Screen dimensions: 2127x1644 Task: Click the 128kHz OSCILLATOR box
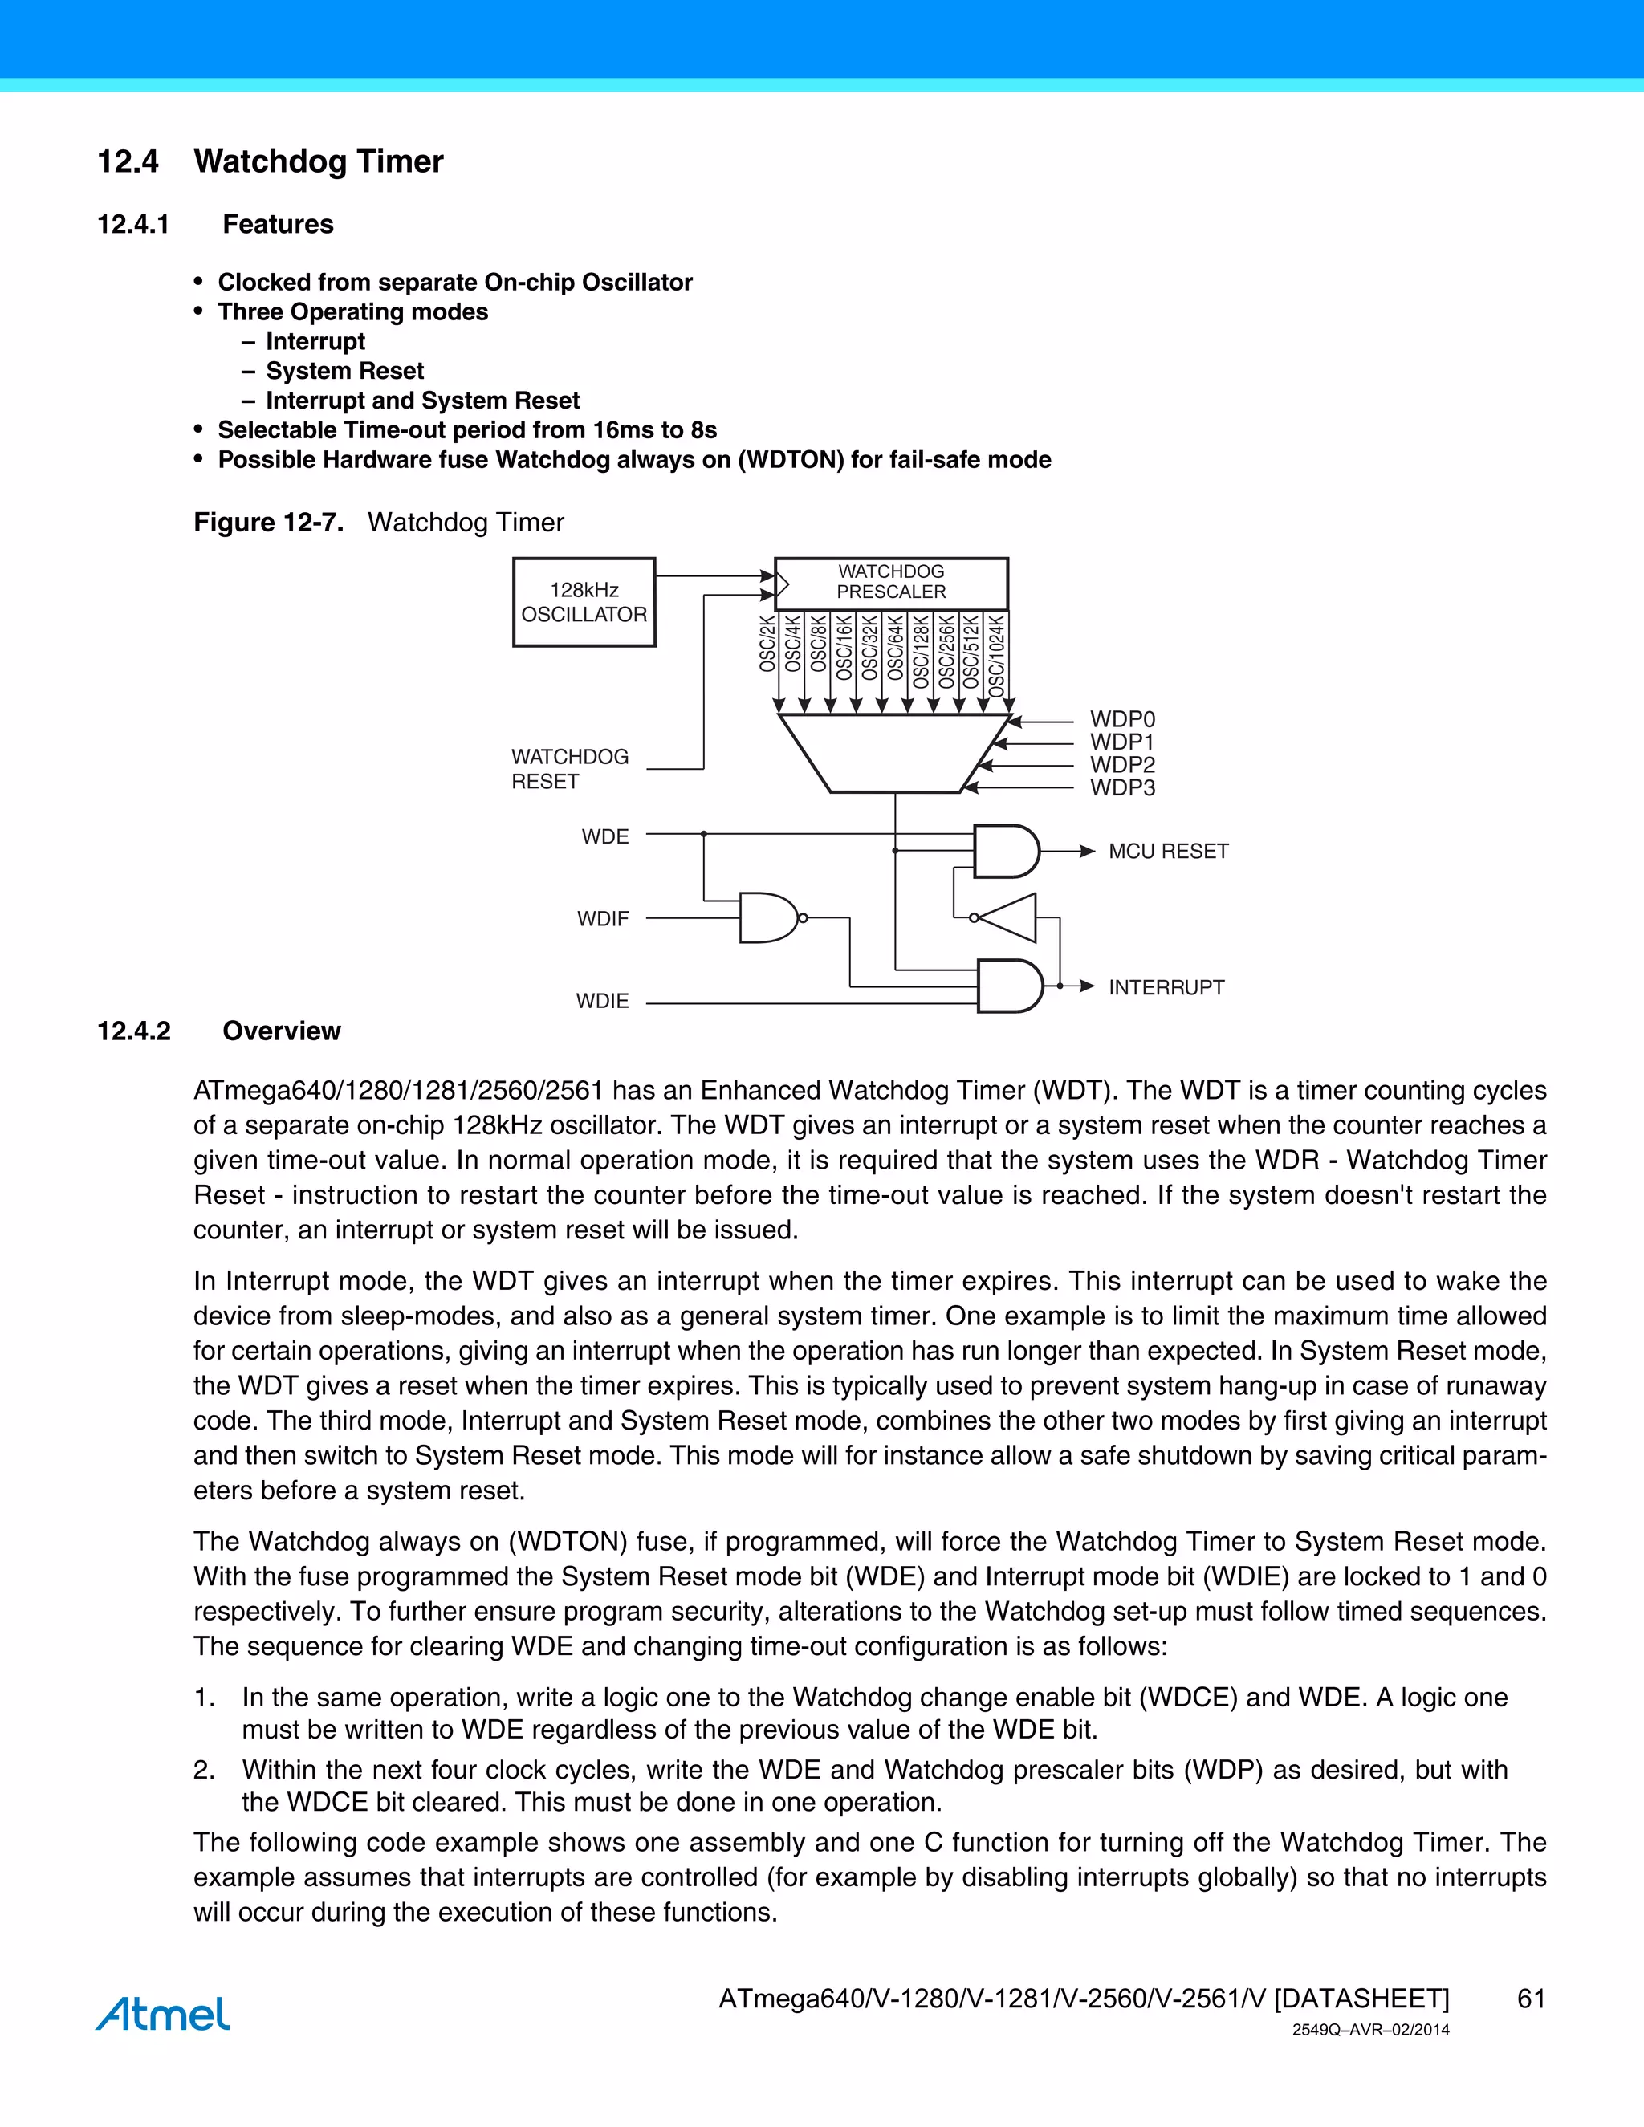click(x=584, y=602)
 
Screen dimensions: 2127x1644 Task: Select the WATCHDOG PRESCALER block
click(x=891, y=583)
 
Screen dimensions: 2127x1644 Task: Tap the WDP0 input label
click(x=1122, y=718)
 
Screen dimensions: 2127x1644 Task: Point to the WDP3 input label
click(x=1122, y=788)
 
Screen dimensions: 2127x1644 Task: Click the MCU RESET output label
click(x=1168, y=851)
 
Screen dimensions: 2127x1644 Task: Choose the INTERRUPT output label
click(x=1166, y=987)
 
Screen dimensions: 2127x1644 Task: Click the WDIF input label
click(x=603, y=918)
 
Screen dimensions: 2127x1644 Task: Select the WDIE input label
click(x=602, y=1001)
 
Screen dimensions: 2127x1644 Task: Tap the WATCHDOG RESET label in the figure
click(x=570, y=770)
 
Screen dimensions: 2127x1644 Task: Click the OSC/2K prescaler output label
click(x=767, y=644)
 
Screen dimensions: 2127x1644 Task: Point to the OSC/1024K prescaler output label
click(x=996, y=654)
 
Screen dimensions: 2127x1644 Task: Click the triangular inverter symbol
click(x=1007, y=917)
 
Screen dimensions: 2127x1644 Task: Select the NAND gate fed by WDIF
click(x=769, y=917)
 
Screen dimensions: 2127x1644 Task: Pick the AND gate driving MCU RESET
click(x=1006, y=851)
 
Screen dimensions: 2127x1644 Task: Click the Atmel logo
click(x=163, y=2013)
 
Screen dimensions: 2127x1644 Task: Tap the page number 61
click(x=1531, y=1999)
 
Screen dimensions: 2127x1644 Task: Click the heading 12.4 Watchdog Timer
click(x=270, y=161)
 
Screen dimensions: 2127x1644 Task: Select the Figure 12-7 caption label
click(x=268, y=523)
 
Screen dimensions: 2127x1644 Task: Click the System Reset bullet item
click(x=344, y=371)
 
